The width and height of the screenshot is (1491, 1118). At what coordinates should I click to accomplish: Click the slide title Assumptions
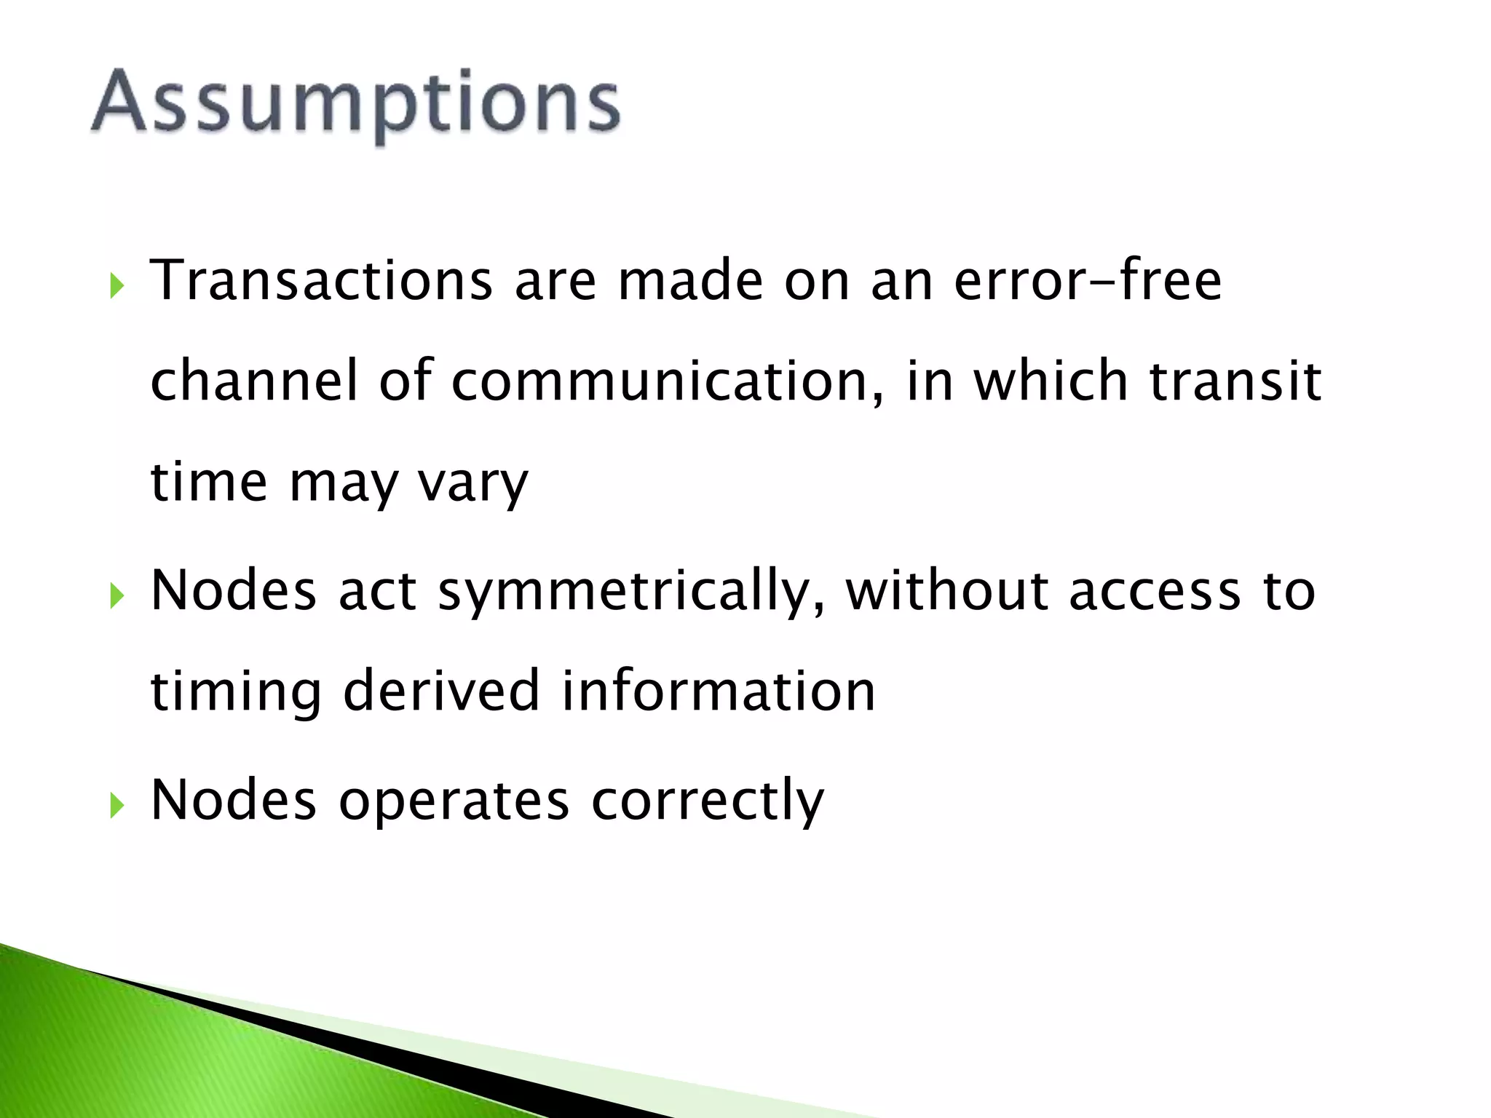[355, 102]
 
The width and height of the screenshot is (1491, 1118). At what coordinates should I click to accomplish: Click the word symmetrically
[632, 591]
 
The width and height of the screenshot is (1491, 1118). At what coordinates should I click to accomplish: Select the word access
[1155, 591]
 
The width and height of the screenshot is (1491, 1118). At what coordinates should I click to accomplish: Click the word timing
[236, 692]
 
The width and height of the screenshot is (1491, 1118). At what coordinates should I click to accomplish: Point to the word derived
[442, 691]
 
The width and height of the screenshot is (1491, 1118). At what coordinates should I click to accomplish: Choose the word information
[719, 691]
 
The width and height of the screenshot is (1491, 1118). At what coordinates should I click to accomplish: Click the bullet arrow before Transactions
[116, 286]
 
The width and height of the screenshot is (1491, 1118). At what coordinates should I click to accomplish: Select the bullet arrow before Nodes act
[116, 596]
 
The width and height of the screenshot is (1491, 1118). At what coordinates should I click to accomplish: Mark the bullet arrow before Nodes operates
[116, 806]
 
